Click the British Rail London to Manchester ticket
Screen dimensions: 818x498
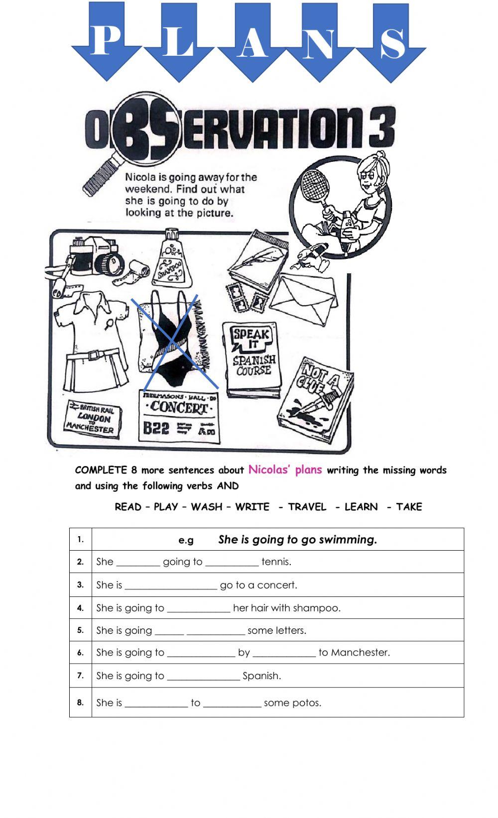coord(93,419)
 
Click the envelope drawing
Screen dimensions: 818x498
coord(307,294)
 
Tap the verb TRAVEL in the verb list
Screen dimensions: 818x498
coord(307,507)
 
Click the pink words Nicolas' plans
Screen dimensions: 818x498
coord(285,469)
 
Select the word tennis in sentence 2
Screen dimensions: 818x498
coord(276,562)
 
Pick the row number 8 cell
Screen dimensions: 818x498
coord(81,702)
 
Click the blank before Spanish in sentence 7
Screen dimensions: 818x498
coord(203,676)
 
